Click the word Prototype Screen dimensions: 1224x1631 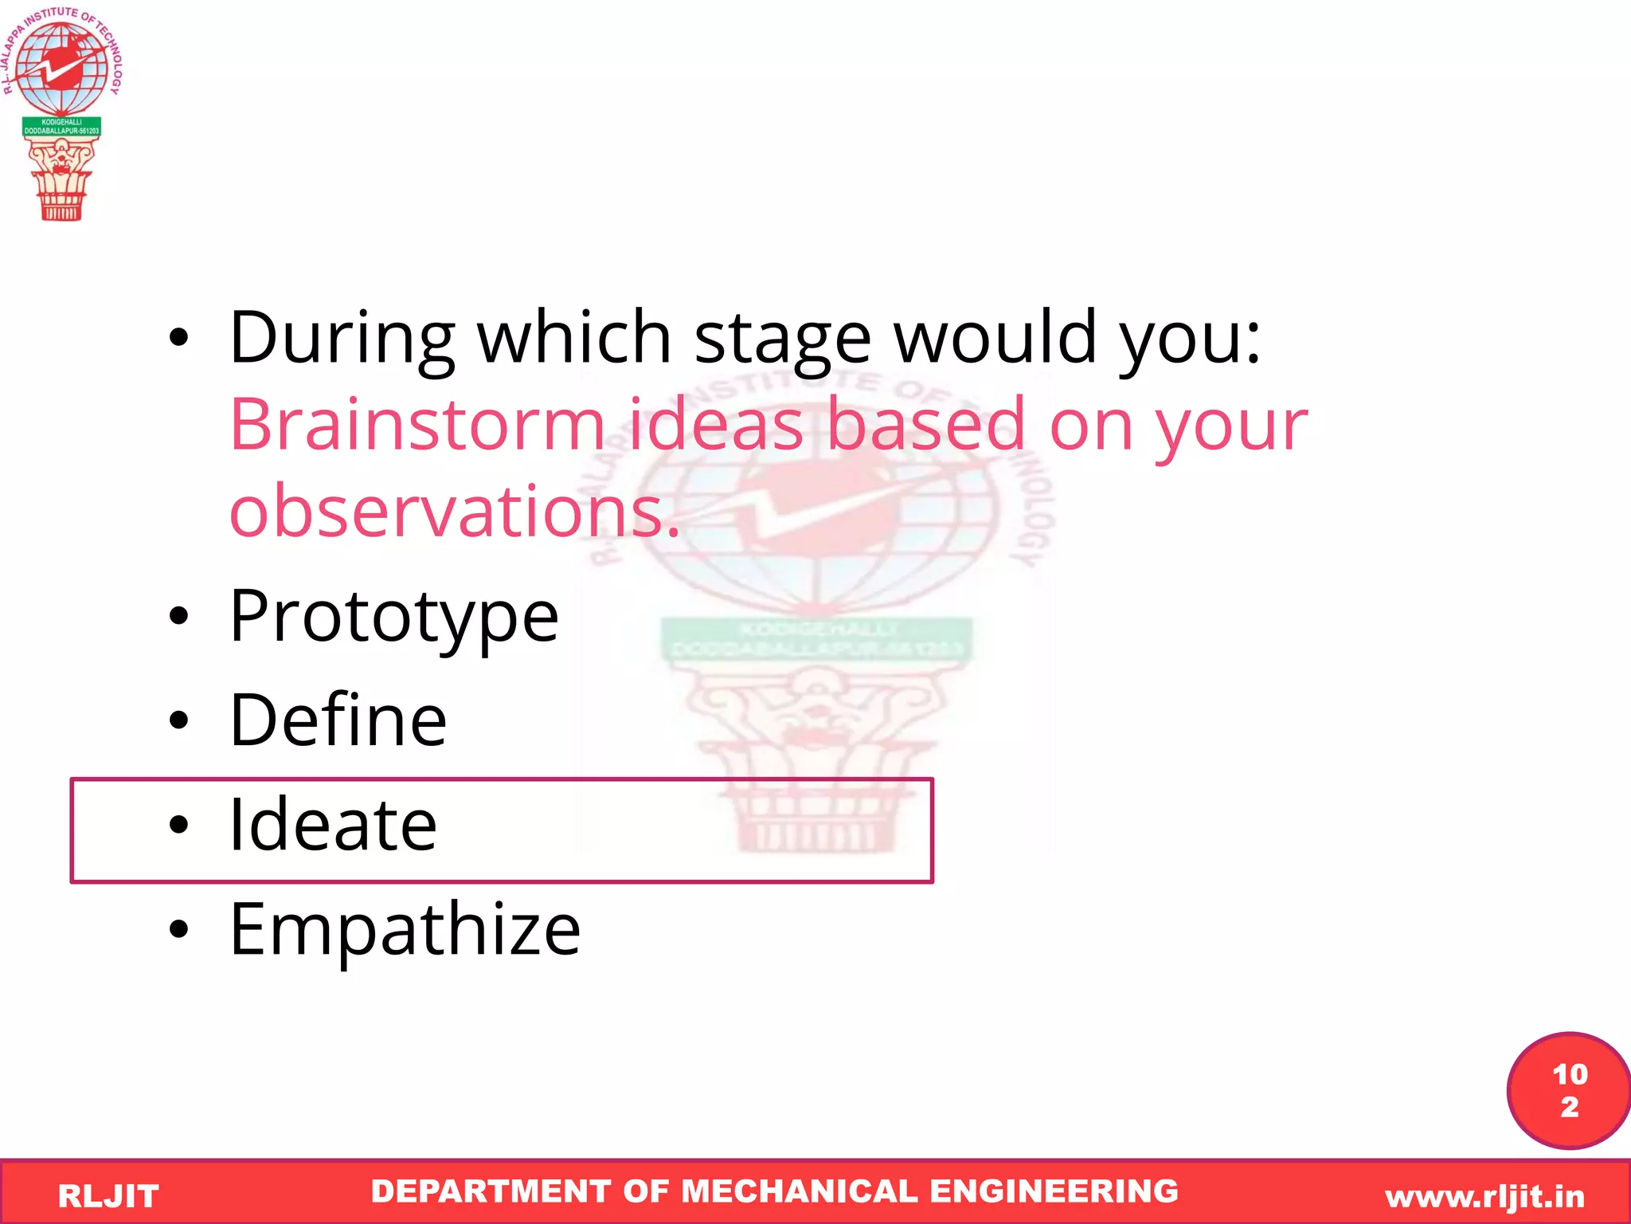393,616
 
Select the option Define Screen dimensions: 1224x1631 338,720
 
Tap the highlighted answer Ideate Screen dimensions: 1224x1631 333,825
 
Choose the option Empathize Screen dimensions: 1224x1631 405,929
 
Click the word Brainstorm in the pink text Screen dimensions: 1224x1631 417,425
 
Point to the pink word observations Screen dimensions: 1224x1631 454,511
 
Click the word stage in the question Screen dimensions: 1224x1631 782,338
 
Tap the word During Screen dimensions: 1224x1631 342,338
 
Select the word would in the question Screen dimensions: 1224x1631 995,338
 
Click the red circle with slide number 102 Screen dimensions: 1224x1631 1568,1090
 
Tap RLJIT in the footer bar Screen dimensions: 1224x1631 108,1196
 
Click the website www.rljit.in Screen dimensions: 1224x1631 1484,1196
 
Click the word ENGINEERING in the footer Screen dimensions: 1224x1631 1054,1191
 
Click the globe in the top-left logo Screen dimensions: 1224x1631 61,68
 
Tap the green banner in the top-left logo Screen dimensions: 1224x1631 61,127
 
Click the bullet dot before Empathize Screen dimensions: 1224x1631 179,929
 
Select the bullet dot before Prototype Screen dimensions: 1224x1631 179,616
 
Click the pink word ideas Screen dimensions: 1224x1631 715,425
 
